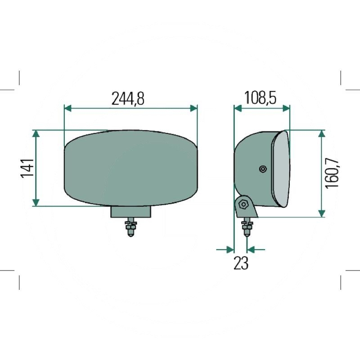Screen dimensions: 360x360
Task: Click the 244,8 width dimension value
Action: click(x=128, y=99)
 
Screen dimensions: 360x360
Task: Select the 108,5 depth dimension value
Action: click(x=260, y=98)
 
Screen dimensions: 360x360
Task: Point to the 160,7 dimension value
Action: click(x=332, y=173)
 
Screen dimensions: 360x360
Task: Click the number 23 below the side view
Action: click(x=241, y=263)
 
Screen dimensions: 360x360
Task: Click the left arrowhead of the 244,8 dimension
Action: click(x=68, y=108)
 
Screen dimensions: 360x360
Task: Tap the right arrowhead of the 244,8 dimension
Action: click(x=194, y=108)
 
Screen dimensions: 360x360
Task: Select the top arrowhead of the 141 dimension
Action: click(x=36, y=134)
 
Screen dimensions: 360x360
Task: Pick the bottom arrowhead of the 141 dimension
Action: click(x=36, y=202)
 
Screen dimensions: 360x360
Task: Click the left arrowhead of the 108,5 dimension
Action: click(x=238, y=108)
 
